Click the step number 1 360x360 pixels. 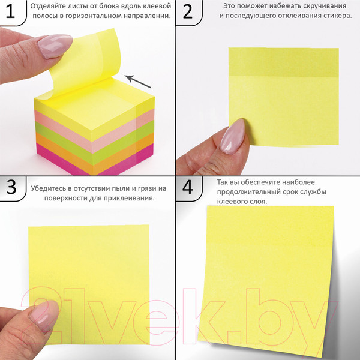pyautogui.click(x=10, y=11)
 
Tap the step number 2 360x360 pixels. pyautogui.click(x=187, y=11)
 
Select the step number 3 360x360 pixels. pyautogui.click(x=11, y=187)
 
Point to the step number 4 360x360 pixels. pyautogui.click(x=188, y=187)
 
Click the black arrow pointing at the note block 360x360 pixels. pyautogui.click(x=138, y=82)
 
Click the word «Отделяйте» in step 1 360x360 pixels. pyautogui.click(x=45, y=6)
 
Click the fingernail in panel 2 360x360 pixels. pyautogui.click(x=232, y=136)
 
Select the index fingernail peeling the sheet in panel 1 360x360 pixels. pyautogui.click(x=55, y=46)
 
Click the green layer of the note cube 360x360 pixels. pyautogui.click(x=94, y=143)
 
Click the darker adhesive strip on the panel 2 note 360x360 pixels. pyautogui.click(x=284, y=62)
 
